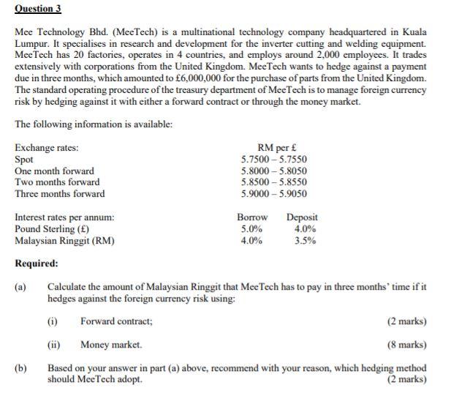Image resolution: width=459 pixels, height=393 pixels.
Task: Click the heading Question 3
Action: click(x=38, y=9)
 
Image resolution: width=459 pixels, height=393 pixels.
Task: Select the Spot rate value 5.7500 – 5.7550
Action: click(x=274, y=159)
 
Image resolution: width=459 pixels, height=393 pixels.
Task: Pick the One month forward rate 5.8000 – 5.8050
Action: click(x=274, y=171)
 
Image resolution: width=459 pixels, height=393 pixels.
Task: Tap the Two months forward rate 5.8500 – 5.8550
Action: click(x=274, y=182)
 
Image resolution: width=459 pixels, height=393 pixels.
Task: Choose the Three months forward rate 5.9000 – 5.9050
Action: click(x=274, y=194)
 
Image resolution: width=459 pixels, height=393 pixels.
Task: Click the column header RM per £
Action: click(x=275, y=147)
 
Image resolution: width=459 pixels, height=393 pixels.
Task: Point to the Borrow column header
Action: click(x=252, y=217)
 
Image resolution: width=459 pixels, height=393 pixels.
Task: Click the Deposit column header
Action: click(x=302, y=217)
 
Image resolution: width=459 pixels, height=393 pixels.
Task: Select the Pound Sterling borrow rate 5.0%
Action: click(x=251, y=229)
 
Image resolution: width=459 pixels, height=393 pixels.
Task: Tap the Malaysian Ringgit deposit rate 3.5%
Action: click(x=305, y=241)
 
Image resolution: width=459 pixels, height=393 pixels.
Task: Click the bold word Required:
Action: click(x=37, y=263)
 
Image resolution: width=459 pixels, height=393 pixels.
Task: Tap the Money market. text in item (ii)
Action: click(x=111, y=345)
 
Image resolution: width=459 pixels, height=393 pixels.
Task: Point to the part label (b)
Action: click(x=21, y=368)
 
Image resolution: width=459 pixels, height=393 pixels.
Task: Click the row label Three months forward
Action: click(x=60, y=194)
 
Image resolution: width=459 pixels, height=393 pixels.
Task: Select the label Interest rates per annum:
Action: click(x=64, y=217)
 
